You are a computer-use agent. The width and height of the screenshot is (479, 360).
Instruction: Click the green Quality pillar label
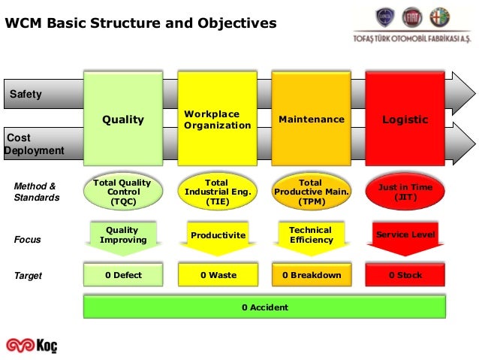(123, 119)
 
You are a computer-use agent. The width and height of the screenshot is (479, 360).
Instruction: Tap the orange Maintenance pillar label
(312, 119)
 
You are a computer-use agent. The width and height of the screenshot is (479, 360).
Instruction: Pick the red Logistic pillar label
(405, 119)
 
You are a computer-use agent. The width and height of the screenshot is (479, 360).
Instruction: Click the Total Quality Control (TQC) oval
(123, 192)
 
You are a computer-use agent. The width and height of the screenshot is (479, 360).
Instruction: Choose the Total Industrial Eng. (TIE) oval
(217, 192)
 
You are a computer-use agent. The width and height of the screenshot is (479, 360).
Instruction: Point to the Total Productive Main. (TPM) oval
(312, 192)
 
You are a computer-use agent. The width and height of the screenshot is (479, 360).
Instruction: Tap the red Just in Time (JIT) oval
(405, 192)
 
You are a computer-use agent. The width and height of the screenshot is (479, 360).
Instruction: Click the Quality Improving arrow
(123, 236)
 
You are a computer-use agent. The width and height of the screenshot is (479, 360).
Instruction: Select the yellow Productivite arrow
(218, 236)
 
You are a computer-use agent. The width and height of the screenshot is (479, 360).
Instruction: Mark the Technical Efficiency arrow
(312, 236)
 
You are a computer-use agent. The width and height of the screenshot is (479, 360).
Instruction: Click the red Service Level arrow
(405, 236)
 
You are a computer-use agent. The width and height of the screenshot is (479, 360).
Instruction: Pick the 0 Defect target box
(123, 275)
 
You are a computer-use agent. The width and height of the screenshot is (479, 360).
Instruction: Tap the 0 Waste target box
(218, 275)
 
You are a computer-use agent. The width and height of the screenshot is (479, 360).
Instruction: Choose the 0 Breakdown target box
(312, 275)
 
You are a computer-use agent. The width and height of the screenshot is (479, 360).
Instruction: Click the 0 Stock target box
(405, 275)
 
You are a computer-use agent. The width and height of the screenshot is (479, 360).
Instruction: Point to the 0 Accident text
(264, 307)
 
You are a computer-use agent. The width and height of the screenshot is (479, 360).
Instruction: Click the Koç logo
(32, 345)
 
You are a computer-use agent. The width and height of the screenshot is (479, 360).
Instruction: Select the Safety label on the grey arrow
(26, 95)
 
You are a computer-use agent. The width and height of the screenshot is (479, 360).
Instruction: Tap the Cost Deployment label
(35, 144)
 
